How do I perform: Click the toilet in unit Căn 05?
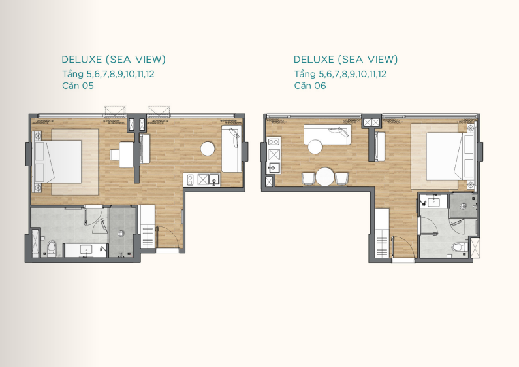(x=52, y=249)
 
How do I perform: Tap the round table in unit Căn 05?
(x=208, y=149)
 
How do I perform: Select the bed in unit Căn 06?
(x=450, y=156)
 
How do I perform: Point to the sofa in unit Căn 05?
(x=232, y=149)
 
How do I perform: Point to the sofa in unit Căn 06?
(x=327, y=134)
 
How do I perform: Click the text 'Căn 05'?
(x=78, y=86)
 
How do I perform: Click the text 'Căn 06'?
(x=310, y=86)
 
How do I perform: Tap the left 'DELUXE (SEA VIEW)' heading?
(x=114, y=60)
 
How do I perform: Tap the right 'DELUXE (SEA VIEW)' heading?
(x=345, y=60)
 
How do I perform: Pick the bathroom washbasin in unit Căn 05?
(x=87, y=249)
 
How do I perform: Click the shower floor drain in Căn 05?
(x=121, y=234)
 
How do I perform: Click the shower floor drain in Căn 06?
(x=463, y=206)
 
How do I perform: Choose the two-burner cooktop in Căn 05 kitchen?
(x=191, y=179)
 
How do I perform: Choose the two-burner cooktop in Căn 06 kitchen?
(x=274, y=142)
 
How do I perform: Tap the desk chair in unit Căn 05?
(x=114, y=154)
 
